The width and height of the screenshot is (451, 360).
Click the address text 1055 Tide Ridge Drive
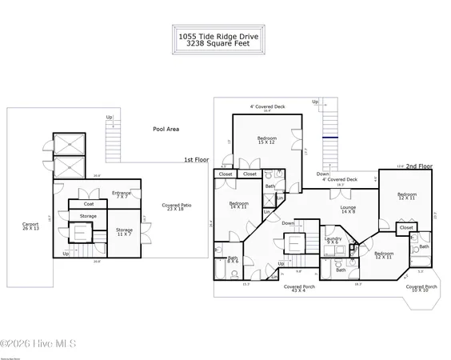[225, 35]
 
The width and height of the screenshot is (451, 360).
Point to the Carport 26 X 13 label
[32, 226]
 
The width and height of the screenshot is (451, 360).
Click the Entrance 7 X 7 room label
[122, 194]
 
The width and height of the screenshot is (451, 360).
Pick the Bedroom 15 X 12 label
[267, 141]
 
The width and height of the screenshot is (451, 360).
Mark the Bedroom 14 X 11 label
[239, 206]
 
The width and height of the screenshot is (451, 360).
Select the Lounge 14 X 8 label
[348, 210]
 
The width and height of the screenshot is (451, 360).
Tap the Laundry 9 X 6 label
[333, 241]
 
